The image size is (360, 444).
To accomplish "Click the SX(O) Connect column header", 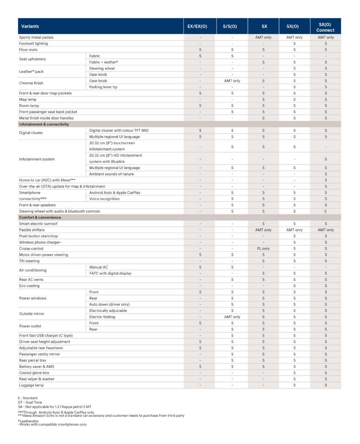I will click(325, 26).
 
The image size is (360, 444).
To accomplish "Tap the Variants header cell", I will click(30, 26).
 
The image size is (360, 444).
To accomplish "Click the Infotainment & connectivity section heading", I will click(44, 124).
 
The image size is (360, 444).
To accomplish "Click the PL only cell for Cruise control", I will click(263, 249).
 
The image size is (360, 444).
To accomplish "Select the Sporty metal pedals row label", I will click(36, 37).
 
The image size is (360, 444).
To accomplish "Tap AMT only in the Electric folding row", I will click(232, 317).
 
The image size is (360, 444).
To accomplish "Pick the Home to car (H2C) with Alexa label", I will click(47, 180).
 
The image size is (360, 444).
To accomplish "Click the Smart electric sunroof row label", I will click(38, 224).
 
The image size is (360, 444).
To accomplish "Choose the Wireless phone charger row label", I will click(41, 242).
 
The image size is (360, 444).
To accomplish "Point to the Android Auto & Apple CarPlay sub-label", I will click(115, 192).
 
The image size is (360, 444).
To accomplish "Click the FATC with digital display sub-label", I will click(110, 273).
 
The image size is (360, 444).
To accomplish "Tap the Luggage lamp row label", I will click(31, 385).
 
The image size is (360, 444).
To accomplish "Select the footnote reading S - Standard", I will click(28, 398).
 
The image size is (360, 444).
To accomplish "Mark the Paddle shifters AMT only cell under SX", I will click(263, 230).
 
